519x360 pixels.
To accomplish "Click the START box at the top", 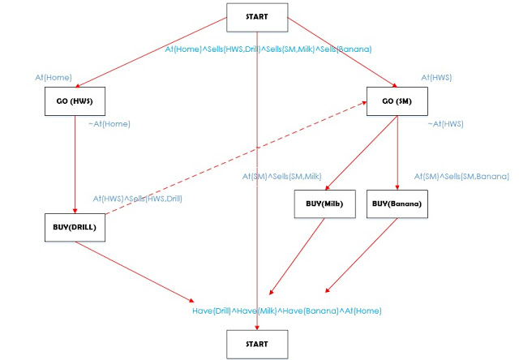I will click(x=257, y=15).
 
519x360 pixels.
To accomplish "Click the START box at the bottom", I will click(x=257, y=345).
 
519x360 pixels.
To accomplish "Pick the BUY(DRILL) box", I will click(x=74, y=226).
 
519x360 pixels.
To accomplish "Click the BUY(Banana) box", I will click(x=396, y=204).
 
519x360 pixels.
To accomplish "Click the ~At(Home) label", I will click(x=109, y=124).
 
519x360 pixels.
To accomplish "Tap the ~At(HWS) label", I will click(x=446, y=124).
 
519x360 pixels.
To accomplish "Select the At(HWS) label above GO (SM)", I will click(x=436, y=77).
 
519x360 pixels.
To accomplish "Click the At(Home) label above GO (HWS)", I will click(x=54, y=77).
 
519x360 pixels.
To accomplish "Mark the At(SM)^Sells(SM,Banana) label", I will click(x=461, y=176).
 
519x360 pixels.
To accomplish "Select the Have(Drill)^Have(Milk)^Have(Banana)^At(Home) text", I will click(x=286, y=311).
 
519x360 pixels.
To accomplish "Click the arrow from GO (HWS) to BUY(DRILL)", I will click(x=74, y=162).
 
